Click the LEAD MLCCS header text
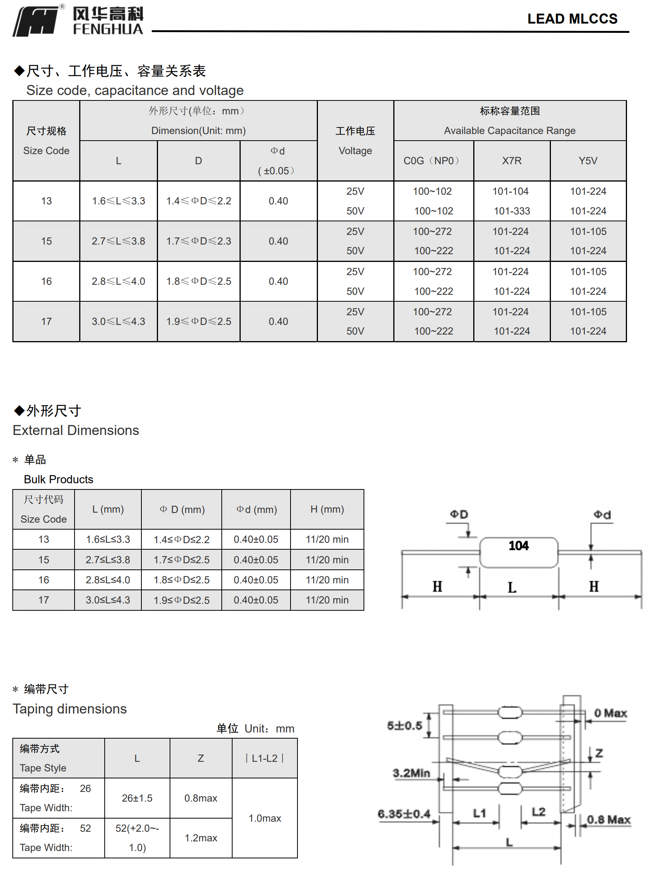pyautogui.click(x=572, y=19)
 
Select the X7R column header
pyautogui.click(x=511, y=161)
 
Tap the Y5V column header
pyautogui.click(x=588, y=161)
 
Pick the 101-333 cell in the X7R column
pyautogui.click(x=512, y=211)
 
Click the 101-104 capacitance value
pyautogui.click(x=510, y=191)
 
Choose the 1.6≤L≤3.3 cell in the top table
pyautogui.click(x=118, y=201)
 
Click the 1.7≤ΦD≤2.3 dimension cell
pyautogui.click(x=198, y=241)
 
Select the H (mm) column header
pyautogui.click(x=327, y=509)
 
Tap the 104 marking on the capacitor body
pyautogui.click(x=518, y=545)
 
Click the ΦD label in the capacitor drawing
pyautogui.click(x=459, y=515)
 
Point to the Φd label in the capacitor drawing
pyautogui.click(x=602, y=515)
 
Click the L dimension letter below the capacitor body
pyautogui.click(x=512, y=588)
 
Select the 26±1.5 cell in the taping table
pyautogui.click(x=137, y=798)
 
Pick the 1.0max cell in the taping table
pyautogui.click(x=265, y=818)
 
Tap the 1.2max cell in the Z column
pyautogui.click(x=201, y=838)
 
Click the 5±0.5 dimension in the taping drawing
pyautogui.click(x=404, y=725)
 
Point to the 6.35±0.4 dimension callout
pyautogui.click(x=404, y=814)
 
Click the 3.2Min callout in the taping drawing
pyautogui.click(x=411, y=773)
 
